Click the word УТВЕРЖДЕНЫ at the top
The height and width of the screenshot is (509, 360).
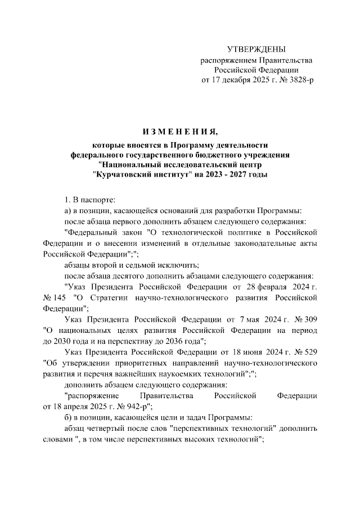click(256, 50)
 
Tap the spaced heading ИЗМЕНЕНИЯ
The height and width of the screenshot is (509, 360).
click(179, 132)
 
